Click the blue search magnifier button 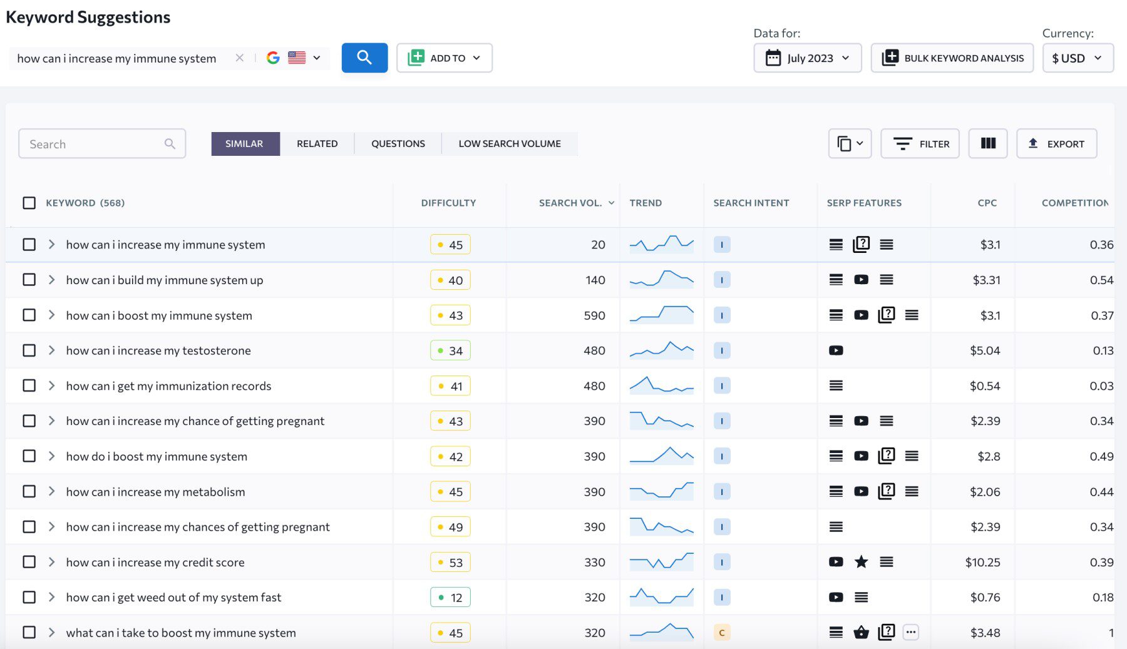(x=364, y=58)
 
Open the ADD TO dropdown (x=444, y=58)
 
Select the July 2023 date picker (x=807, y=58)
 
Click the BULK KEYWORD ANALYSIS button (x=952, y=58)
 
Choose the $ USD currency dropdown (x=1077, y=58)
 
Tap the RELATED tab (x=317, y=144)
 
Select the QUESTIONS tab (x=398, y=144)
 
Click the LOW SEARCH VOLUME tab (x=509, y=144)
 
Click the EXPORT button (x=1056, y=144)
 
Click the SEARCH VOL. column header (x=570, y=203)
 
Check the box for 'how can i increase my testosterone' (x=29, y=350)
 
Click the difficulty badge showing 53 (x=450, y=562)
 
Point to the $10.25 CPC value (x=982, y=562)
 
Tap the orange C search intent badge (x=722, y=633)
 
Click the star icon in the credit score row (x=861, y=562)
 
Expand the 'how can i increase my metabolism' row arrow (x=52, y=491)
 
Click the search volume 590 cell (x=594, y=315)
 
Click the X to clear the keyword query (x=239, y=58)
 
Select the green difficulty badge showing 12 (x=450, y=598)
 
